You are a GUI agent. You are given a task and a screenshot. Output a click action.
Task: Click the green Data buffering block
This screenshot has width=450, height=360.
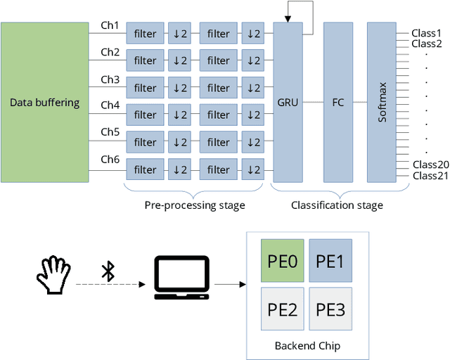pyautogui.click(x=44, y=103)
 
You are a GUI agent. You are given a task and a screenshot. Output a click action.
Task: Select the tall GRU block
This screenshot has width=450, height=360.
pyautogui.click(x=288, y=103)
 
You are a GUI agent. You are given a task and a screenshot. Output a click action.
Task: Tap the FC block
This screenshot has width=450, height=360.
pyautogui.click(x=338, y=103)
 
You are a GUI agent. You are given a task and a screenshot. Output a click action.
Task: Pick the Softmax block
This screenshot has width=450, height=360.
pyautogui.click(x=382, y=103)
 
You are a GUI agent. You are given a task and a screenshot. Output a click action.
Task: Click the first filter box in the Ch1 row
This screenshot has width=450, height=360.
pyautogui.click(x=145, y=34)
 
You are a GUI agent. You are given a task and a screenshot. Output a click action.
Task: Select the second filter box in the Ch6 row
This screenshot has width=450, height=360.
pyautogui.click(x=218, y=169)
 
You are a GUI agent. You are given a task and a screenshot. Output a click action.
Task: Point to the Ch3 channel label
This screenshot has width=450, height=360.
pyautogui.click(x=110, y=79)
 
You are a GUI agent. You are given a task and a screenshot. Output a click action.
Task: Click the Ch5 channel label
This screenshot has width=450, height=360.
pyautogui.click(x=110, y=132)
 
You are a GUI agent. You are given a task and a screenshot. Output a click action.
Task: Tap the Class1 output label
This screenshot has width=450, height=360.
pyautogui.click(x=426, y=32)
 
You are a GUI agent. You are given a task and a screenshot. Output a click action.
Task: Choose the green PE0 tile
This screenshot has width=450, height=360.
pyautogui.click(x=283, y=262)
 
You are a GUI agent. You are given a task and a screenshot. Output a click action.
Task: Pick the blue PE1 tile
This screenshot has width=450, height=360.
pyautogui.click(x=330, y=262)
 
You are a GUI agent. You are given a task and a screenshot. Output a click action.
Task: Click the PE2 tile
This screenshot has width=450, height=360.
pyautogui.click(x=283, y=309)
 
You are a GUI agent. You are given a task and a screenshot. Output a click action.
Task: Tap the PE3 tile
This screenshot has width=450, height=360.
pyautogui.click(x=330, y=309)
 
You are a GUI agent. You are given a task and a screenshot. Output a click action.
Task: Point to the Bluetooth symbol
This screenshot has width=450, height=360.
pyautogui.click(x=108, y=271)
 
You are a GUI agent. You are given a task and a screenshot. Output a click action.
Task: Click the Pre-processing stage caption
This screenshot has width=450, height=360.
pyautogui.click(x=195, y=205)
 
